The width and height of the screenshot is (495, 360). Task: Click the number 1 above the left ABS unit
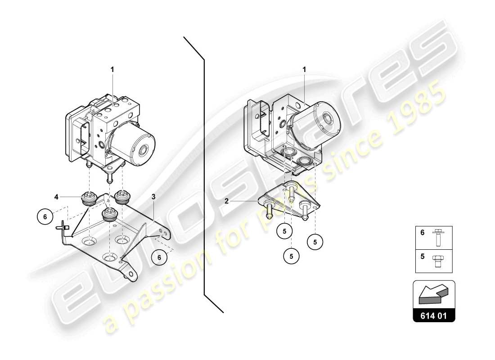[x=112, y=70]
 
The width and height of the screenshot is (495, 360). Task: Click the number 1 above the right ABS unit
[x=304, y=70]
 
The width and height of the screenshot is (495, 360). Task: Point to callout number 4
[x=57, y=197]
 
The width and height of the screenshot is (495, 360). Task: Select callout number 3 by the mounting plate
[x=153, y=197]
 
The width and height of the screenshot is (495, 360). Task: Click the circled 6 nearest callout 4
[x=45, y=216]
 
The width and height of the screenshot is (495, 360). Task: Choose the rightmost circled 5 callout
[x=315, y=242]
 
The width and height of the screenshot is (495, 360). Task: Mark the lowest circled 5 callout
[x=292, y=256]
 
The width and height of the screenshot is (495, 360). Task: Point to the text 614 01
[x=434, y=316]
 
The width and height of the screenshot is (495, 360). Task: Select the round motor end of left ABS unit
[x=145, y=150]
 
